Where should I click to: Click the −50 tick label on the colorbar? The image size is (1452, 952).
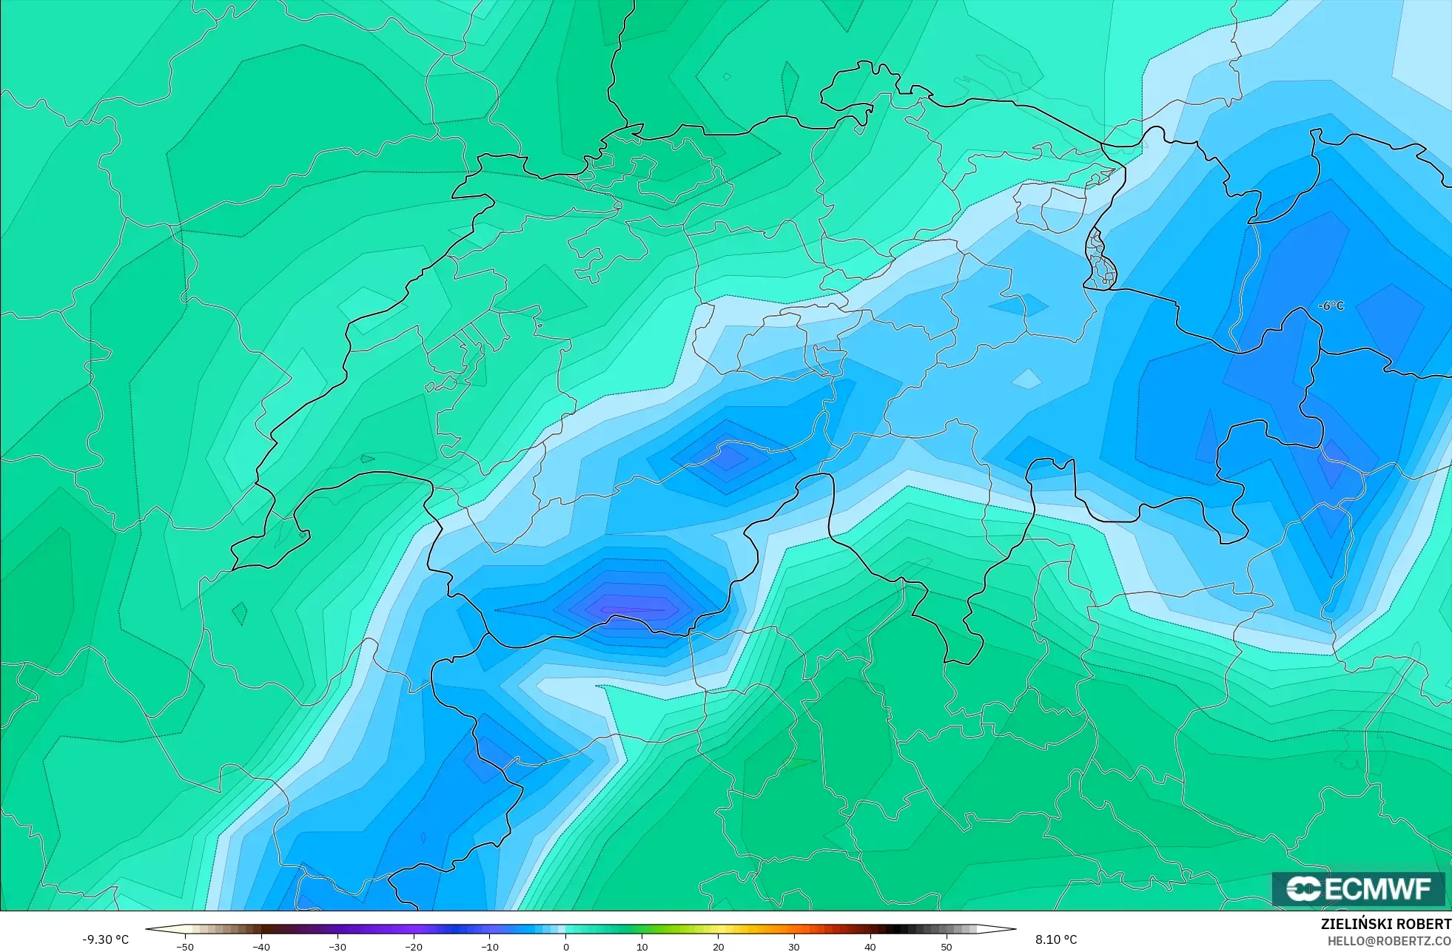tap(185, 947)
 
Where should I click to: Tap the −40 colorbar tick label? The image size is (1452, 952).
tap(261, 947)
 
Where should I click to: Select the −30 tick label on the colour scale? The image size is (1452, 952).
tap(337, 947)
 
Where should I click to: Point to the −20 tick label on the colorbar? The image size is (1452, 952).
tap(414, 947)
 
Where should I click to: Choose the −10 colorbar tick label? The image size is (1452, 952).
tap(490, 947)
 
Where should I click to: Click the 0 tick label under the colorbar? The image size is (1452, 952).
tap(566, 947)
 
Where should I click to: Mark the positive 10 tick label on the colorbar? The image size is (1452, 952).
tap(642, 947)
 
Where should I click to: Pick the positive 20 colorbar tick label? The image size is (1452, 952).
tap(718, 947)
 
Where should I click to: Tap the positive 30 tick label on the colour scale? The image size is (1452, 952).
tap(794, 947)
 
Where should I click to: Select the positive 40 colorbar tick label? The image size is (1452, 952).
tap(870, 947)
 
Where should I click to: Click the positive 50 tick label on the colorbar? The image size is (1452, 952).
tap(947, 947)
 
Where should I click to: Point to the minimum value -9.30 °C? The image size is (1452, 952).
tap(105, 939)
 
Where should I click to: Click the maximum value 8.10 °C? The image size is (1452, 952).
tap(1056, 939)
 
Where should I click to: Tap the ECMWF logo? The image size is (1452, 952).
tap(1359, 888)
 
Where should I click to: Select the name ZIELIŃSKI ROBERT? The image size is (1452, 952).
tap(1385, 924)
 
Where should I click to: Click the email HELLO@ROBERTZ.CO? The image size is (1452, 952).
tap(1388, 941)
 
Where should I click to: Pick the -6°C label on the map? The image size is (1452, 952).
tap(1331, 305)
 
